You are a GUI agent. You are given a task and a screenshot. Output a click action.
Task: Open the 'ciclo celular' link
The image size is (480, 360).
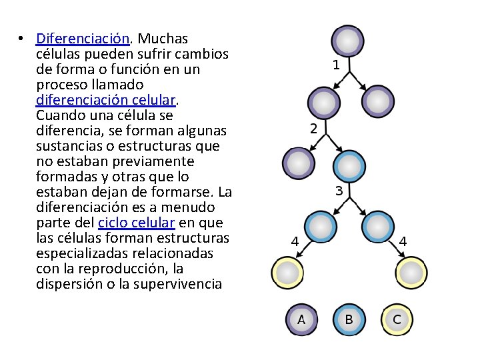tap(136, 223)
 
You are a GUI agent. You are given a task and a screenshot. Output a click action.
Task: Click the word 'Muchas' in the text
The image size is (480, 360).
tap(164, 39)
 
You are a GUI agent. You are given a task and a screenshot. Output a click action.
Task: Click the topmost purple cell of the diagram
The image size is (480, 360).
tap(347, 41)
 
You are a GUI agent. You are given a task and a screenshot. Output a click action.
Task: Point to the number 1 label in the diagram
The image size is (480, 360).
tap(337, 65)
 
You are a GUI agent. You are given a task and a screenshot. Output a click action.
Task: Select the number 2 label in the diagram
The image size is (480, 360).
tap(313, 128)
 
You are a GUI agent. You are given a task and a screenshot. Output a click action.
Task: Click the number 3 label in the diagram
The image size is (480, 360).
tap(339, 191)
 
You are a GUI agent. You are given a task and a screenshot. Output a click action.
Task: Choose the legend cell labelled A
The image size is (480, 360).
tap(301, 319)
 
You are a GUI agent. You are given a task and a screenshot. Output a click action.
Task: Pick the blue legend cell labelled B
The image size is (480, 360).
tap(349, 319)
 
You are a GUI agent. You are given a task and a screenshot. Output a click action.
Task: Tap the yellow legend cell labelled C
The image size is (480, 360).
tap(397, 319)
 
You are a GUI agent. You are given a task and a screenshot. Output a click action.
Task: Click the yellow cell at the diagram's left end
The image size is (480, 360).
tap(288, 272)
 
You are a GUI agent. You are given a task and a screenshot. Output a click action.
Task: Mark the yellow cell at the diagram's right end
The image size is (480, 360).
tap(410, 272)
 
